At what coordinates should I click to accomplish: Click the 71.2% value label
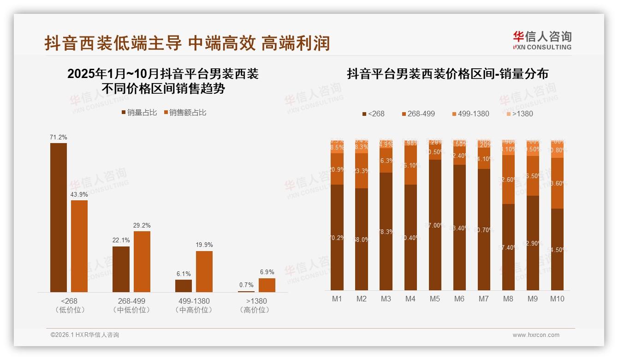pos(59,137)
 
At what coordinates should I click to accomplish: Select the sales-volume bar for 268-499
pos(121,269)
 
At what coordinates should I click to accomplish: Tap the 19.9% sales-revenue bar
pos(204,271)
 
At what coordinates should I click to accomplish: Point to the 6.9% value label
pos(267,272)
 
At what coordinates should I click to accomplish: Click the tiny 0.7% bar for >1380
pos(246,291)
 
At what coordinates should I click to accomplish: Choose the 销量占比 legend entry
pos(139,113)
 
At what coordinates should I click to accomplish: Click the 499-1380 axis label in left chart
pos(194,301)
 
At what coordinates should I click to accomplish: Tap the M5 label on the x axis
pos(435,299)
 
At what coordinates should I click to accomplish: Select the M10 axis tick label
pos(557,299)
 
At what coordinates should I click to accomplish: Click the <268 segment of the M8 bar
pos(508,247)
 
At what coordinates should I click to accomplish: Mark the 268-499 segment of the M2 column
pos(362,171)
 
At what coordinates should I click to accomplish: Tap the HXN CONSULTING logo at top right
pos(542,41)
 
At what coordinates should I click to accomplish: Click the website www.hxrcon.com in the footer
pos(536,335)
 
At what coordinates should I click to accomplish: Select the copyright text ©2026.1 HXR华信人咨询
pos(84,335)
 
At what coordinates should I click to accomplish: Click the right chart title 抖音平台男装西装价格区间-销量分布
pos(447,74)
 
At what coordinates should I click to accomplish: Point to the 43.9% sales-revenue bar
pos(79,246)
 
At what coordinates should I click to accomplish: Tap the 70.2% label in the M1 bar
pos(337,238)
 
